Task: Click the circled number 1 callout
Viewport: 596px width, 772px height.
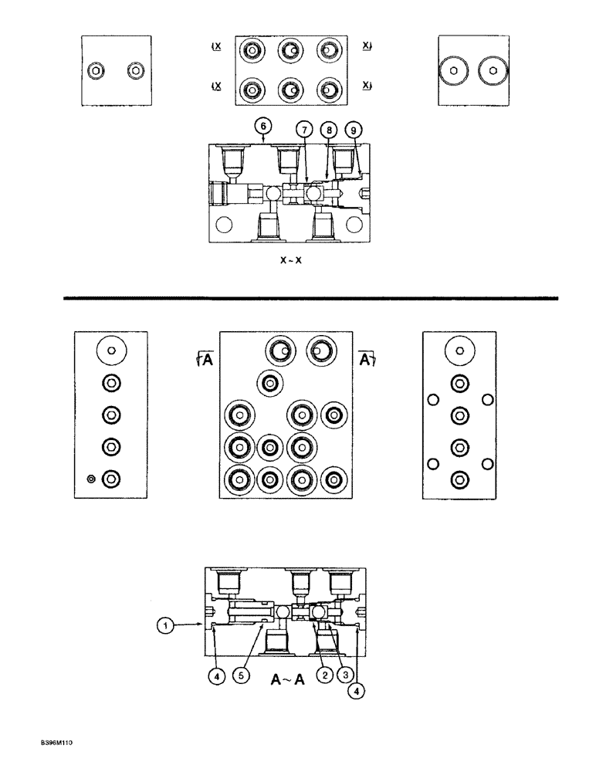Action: [x=164, y=628]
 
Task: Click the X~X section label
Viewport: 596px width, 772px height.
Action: [x=291, y=261]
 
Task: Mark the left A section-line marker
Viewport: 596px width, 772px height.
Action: [x=203, y=357]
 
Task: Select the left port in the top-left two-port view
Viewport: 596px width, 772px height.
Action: [x=95, y=71]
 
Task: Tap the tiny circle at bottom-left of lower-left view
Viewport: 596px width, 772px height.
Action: [x=90, y=479]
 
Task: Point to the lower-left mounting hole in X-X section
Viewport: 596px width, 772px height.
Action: [x=225, y=225]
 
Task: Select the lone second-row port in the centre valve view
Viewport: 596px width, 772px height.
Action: [x=270, y=381]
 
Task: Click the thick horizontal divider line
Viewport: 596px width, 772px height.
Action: [x=309, y=297]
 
